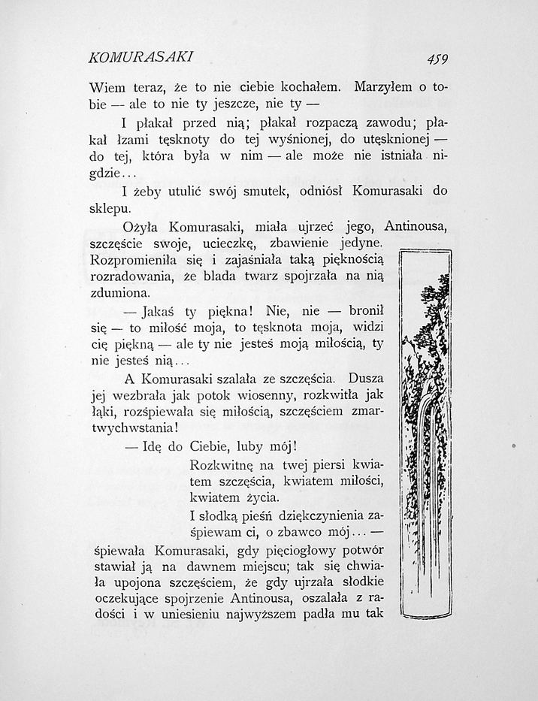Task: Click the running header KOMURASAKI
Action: coord(142,57)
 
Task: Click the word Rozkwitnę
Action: coord(223,464)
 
